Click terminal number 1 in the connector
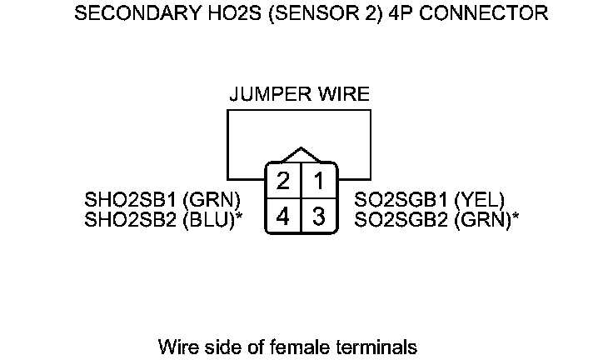click(319, 181)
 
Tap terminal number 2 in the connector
click(283, 181)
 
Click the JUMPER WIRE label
click(299, 94)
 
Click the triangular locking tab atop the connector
click(301, 156)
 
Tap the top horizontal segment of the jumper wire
click(299, 110)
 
